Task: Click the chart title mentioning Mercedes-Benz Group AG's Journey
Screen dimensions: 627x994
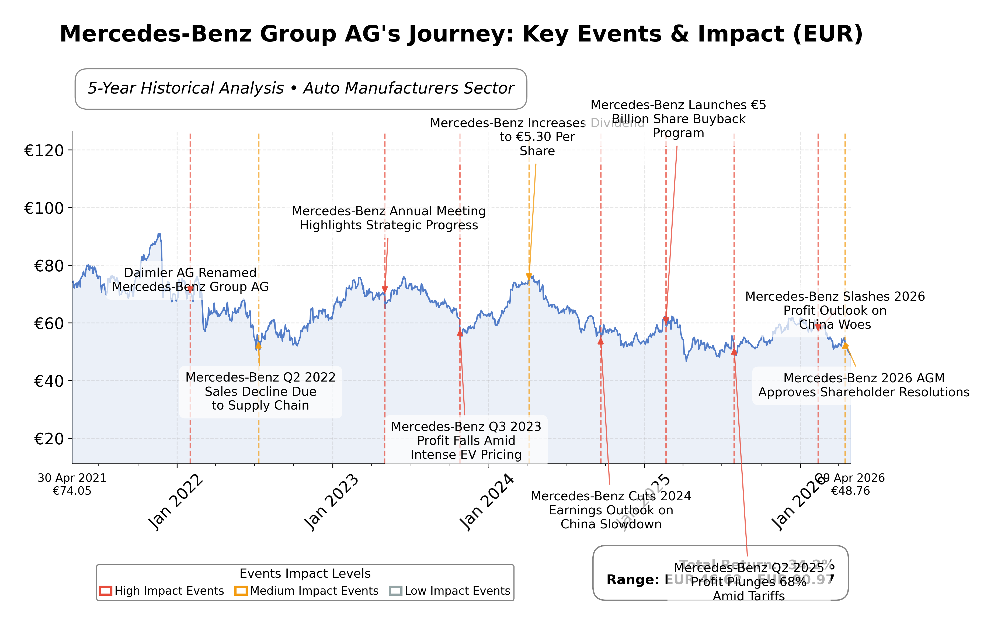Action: [461, 34]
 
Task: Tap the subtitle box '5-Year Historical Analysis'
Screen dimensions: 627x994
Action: [301, 88]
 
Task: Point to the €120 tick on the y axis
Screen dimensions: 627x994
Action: [44, 151]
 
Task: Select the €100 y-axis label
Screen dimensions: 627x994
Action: [44, 208]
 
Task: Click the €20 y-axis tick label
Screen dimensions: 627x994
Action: [49, 439]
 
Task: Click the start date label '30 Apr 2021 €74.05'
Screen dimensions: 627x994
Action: [72, 484]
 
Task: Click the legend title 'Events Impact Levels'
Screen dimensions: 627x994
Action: [305, 573]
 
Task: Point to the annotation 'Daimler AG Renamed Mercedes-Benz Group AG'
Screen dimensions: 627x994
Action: [190, 280]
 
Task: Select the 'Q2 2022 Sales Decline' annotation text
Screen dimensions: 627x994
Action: [260, 391]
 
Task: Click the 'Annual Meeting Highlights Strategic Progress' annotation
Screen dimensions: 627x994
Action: [389, 218]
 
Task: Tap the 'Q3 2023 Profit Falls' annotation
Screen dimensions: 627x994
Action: [466, 441]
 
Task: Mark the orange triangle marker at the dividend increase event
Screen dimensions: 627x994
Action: [529, 276]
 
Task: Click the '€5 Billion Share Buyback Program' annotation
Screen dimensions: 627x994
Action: [678, 119]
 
